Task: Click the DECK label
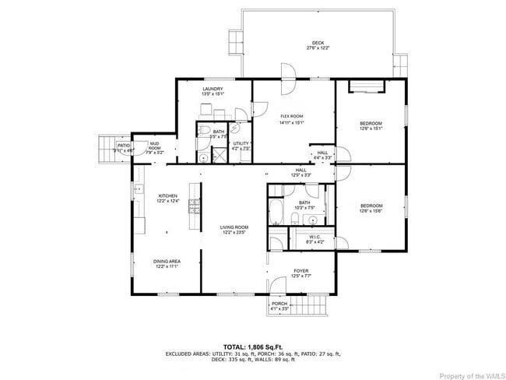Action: coord(318,43)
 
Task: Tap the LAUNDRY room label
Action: coord(213,89)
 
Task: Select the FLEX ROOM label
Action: coord(291,116)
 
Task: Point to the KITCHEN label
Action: coord(168,195)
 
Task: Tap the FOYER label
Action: coord(300,271)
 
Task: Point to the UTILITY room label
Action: coord(241,143)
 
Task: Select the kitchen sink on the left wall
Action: coord(138,189)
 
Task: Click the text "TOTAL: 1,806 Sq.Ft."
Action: coord(253,346)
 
